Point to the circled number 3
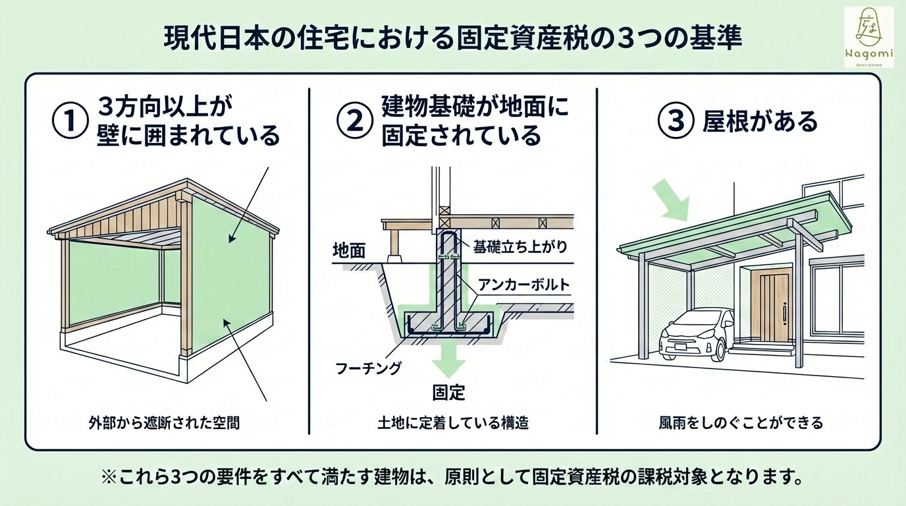coord(677,121)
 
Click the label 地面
coord(350,250)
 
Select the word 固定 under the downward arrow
coord(449,393)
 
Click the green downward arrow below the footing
coord(449,359)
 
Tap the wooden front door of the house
coord(770,306)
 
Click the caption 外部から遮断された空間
coord(163,422)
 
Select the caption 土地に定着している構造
coord(453,422)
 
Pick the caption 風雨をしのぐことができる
coord(741,422)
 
